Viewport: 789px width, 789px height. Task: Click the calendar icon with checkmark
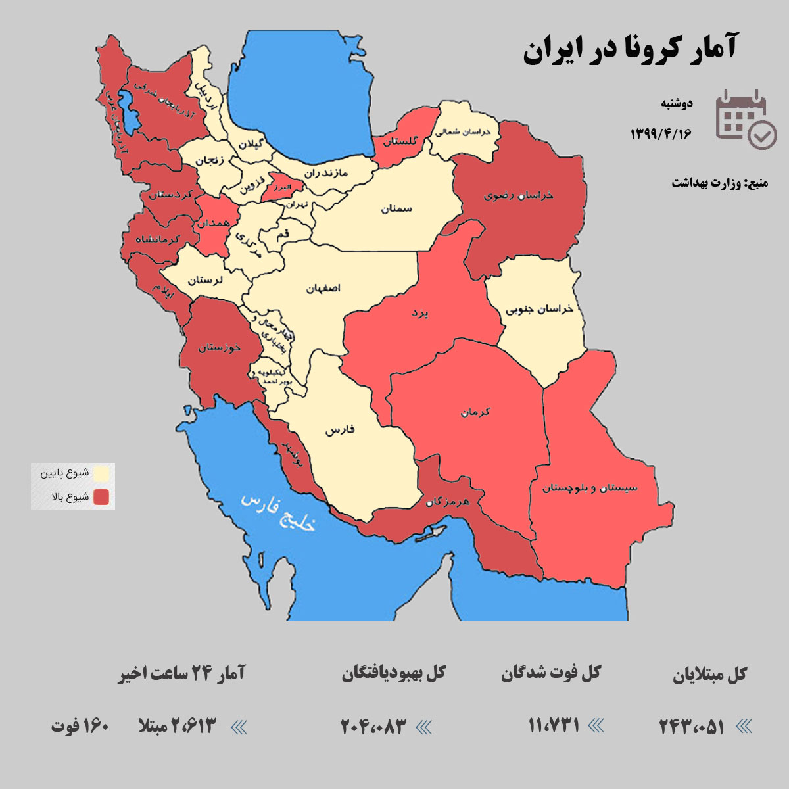[746, 119]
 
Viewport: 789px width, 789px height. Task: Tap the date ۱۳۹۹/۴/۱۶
[661, 133]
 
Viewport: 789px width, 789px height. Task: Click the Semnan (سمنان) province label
[396, 208]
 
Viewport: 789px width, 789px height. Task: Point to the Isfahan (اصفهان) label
[323, 289]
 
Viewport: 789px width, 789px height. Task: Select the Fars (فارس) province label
[340, 431]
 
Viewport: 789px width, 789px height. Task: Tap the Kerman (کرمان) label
[475, 412]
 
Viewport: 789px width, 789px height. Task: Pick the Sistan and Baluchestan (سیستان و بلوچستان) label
[590, 488]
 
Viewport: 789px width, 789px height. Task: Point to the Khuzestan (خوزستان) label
[219, 347]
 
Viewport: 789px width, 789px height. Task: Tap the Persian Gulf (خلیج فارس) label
[278, 512]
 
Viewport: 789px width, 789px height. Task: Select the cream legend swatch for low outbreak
[101, 473]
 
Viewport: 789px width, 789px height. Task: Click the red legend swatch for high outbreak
[101, 497]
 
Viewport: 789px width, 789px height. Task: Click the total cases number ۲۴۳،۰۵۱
[692, 727]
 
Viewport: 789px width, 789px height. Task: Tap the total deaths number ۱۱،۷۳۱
[554, 725]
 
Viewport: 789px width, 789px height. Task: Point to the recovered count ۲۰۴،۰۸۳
[373, 727]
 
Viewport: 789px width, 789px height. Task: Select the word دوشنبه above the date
[677, 104]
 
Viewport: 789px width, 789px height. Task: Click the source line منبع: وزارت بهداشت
[719, 183]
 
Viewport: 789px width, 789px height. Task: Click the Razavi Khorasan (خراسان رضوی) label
[518, 195]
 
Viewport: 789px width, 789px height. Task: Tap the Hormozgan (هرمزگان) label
[447, 502]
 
